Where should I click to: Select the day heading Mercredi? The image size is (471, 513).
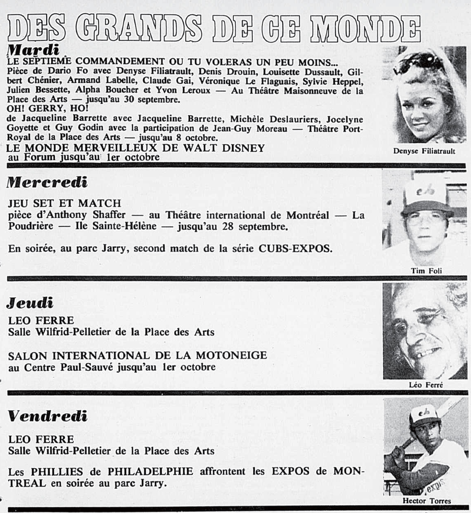click(47, 182)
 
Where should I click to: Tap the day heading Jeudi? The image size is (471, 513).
click(30, 303)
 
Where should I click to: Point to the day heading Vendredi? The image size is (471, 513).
click(48, 417)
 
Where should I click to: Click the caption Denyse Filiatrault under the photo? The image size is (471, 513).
click(424, 151)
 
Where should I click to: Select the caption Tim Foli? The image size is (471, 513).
click(426, 271)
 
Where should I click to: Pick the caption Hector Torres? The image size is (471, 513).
click(427, 501)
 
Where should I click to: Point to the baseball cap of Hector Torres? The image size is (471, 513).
click(424, 415)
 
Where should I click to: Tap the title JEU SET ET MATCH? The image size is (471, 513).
click(64, 203)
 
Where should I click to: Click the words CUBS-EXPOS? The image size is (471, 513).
click(295, 249)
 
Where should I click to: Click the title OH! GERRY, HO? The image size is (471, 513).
click(42, 109)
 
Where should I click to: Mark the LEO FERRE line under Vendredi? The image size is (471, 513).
click(41, 440)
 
